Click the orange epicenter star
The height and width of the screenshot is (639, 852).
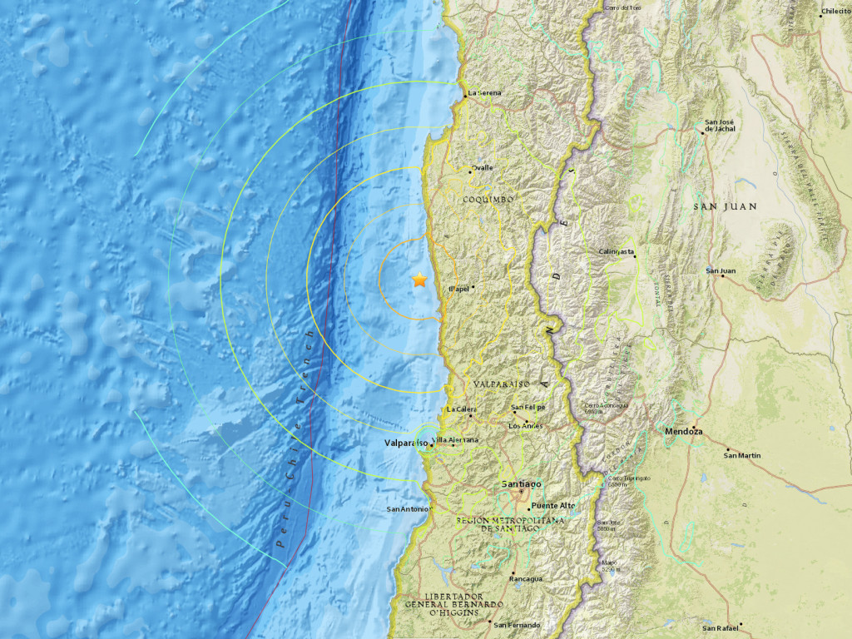pyautogui.click(x=419, y=280)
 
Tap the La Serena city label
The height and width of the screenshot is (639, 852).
pyautogui.click(x=484, y=93)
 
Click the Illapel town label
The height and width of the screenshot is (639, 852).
pyautogui.click(x=459, y=289)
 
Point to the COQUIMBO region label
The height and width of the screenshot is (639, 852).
pyautogui.click(x=489, y=200)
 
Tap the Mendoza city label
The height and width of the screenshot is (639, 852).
pyautogui.click(x=683, y=433)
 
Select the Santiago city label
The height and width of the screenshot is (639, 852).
pyautogui.click(x=522, y=483)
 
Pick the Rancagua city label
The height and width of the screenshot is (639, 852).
pyautogui.click(x=527, y=579)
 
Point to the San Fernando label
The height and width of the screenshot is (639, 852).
pyautogui.click(x=517, y=625)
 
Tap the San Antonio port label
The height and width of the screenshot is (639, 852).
pyautogui.click(x=408, y=509)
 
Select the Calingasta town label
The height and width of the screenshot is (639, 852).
pyautogui.click(x=617, y=250)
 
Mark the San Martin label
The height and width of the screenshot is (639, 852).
pyautogui.click(x=741, y=455)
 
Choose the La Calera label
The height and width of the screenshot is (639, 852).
pyautogui.click(x=461, y=409)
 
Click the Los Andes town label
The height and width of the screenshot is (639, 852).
pyautogui.click(x=525, y=426)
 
